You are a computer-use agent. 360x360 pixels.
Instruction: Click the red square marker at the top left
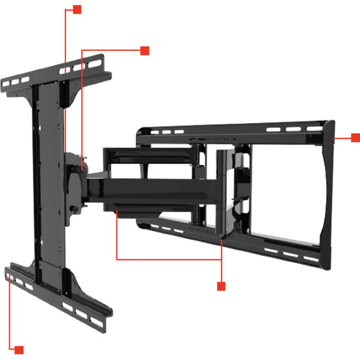click(x=77, y=10)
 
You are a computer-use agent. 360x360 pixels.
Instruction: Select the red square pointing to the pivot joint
click(x=144, y=51)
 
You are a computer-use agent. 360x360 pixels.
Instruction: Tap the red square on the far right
click(x=355, y=138)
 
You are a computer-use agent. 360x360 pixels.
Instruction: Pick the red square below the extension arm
click(x=220, y=286)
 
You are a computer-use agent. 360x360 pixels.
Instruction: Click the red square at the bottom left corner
click(x=19, y=350)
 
